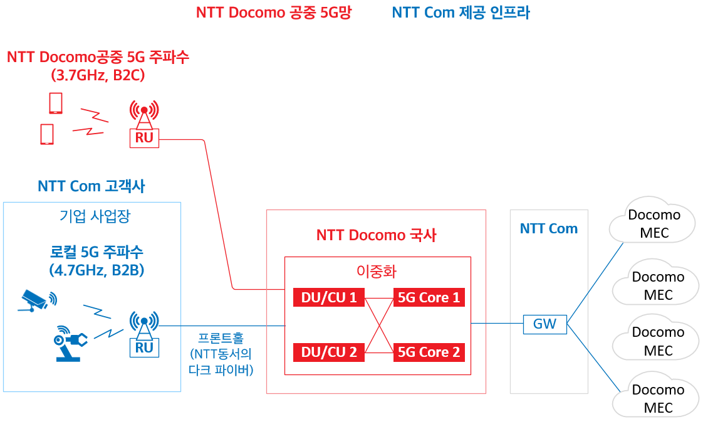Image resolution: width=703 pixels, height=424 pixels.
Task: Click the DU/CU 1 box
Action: point(329,297)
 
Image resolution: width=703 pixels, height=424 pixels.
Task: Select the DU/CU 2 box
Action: point(329,352)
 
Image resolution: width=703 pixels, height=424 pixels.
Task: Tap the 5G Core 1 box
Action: point(429,297)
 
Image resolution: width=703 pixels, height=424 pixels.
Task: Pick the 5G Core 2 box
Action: point(429,352)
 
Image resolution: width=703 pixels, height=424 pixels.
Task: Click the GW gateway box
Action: point(544,324)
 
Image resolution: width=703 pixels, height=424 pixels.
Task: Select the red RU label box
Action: point(144,138)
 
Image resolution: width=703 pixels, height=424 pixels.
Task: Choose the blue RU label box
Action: point(144,347)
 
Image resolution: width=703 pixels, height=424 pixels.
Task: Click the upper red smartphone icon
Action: point(56,103)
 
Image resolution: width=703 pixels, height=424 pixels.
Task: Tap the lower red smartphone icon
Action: point(47,134)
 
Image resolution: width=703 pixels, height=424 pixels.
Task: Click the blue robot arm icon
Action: point(70,344)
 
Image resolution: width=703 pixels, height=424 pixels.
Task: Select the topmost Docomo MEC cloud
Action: point(652,221)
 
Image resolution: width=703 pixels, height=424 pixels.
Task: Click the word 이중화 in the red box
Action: point(377,272)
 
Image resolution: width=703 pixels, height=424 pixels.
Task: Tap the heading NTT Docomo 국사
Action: point(376,235)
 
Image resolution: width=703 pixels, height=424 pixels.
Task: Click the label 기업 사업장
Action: point(95,216)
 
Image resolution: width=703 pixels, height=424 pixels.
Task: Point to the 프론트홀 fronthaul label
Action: point(221,338)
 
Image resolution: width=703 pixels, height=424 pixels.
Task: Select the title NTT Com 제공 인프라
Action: point(461,12)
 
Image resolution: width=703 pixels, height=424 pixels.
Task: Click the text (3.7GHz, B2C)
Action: point(98,75)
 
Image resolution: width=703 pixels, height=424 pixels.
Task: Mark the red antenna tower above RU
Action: point(144,114)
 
